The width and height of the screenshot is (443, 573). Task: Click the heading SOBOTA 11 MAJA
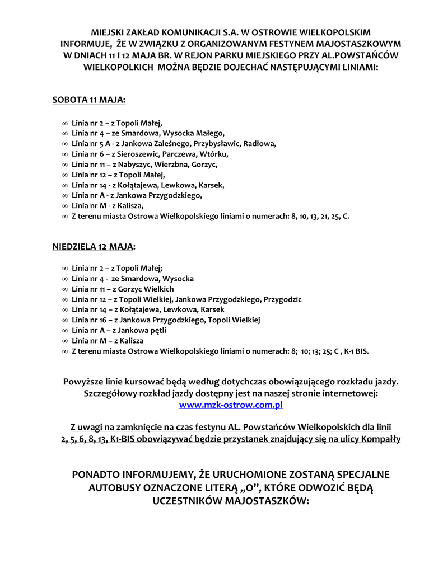tap(88, 100)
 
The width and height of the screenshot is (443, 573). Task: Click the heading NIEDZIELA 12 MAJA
tap(94, 246)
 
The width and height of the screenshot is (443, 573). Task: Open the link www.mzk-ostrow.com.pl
tap(231, 404)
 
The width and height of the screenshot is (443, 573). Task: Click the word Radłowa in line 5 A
tap(261, 143)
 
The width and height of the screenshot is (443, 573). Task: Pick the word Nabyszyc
tap(137, 164)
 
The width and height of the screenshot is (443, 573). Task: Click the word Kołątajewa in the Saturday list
tap(139, 185)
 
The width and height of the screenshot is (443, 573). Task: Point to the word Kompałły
tap(380, 439)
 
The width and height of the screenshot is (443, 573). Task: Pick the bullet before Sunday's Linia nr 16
tap(65, 320)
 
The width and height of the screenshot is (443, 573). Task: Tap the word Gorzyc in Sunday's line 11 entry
tap(130, 289)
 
